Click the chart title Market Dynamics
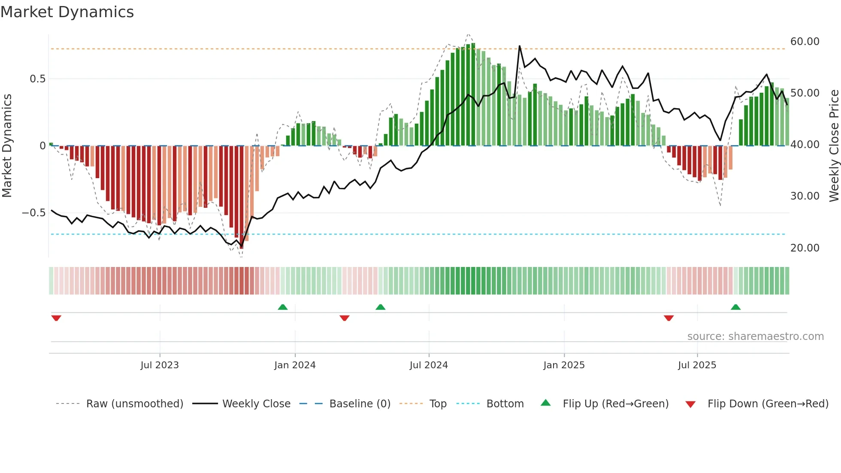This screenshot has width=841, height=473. [x=67, y=12]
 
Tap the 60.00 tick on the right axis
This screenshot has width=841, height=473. [x=805, y=42]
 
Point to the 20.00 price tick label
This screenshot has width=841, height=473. [x=805, y=248]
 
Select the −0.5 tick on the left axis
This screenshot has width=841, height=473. [x=33, y=213]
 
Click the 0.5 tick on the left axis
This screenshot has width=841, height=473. [x=37, y=79]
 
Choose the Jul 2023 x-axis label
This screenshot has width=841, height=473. [x=160, y=365]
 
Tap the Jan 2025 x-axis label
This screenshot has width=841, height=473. [x=564, y=365]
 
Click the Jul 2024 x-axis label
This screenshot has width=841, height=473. [x=429, y=365]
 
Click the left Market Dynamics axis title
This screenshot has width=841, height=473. [x=7, y=146]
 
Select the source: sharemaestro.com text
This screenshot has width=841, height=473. [x=755, y=337]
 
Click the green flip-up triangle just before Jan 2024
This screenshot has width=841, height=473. [x=282, y=307]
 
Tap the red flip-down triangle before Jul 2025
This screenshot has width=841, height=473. [x=669, y=318]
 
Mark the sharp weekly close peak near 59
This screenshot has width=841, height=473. [x=519, y=46]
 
